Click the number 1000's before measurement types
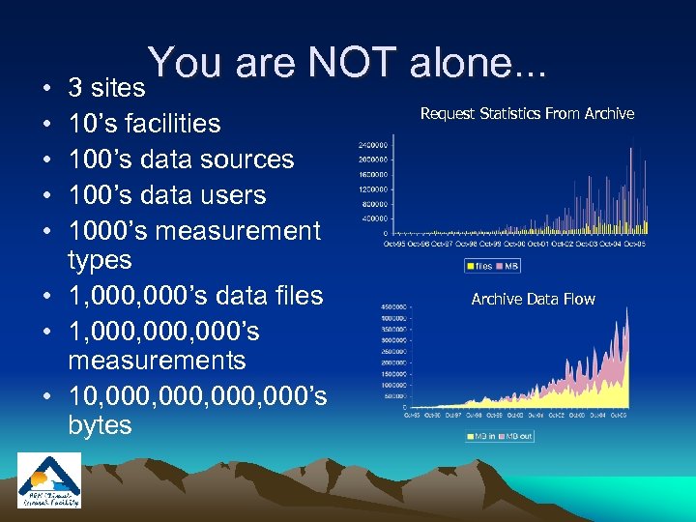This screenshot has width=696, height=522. coord(107,231)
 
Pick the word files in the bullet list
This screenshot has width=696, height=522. coord(289,295)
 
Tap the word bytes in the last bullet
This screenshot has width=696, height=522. coord(100,425)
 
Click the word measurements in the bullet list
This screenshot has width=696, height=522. coord(157,361)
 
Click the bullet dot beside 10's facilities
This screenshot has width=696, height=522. coord(47,125)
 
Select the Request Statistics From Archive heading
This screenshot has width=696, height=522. coord(527,114)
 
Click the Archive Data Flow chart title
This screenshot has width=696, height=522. coord(533,300)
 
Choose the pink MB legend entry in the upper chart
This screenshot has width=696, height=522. coord(509,266)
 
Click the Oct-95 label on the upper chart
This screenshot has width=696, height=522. coord(394,245)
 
